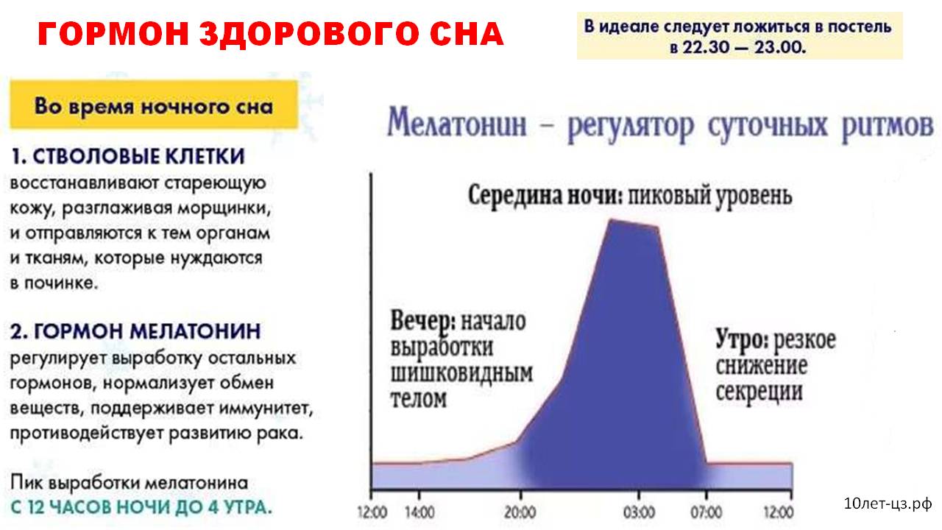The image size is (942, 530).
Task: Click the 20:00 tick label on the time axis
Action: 520,512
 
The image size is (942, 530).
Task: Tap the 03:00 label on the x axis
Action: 640,512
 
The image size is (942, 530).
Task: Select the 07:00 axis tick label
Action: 706,512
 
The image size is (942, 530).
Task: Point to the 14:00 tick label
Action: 419,512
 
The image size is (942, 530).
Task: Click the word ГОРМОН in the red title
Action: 113,34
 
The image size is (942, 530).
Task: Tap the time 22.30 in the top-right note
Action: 706,46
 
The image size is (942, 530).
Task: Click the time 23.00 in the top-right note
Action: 780,46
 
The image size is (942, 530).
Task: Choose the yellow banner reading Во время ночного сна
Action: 154,105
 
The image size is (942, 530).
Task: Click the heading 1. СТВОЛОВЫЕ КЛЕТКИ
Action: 128,156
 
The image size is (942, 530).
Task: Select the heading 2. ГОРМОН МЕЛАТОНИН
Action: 135,331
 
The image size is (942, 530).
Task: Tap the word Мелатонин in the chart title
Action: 457,124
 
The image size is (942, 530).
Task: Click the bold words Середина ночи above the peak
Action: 545,196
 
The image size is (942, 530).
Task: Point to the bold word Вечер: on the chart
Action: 423,322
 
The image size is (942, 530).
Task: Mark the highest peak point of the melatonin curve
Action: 611,219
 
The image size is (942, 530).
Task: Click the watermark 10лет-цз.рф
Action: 888,504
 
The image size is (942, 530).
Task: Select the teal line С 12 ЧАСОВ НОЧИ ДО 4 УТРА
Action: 141,507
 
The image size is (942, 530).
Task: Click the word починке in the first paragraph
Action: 61,283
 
